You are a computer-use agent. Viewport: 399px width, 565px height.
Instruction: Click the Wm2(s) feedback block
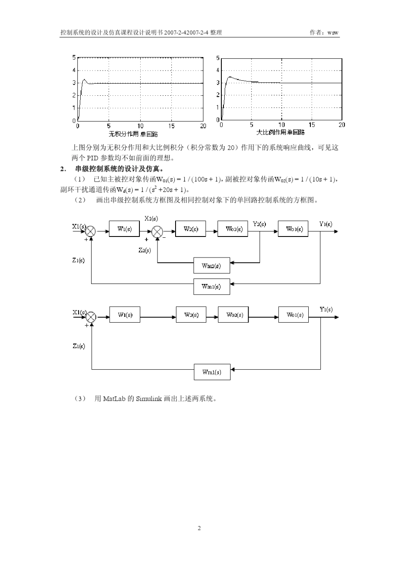[211, 265]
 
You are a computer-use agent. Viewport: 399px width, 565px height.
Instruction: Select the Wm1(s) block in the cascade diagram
[211, 286]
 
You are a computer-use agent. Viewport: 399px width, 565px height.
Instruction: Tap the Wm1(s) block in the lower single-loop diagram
[212, 372]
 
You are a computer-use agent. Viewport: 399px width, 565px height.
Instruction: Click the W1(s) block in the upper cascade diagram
[124, 229]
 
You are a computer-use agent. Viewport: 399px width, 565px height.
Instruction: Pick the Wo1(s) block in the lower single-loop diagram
[293, 315]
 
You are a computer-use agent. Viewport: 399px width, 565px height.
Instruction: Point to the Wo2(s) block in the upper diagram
[233, 229]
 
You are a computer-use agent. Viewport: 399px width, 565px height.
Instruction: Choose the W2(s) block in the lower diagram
[191, 315]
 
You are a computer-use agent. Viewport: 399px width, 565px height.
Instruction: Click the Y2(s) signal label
[259, 224]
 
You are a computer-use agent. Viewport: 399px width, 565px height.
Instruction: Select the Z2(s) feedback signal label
[144, 250]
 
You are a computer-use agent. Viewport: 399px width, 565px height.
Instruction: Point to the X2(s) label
[151, 218]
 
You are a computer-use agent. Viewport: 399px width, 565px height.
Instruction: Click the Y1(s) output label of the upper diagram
[325, 224]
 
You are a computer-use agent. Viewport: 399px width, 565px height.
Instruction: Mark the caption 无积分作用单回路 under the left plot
[133, 134]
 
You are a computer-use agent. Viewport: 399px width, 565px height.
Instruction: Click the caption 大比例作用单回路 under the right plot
[281, 132]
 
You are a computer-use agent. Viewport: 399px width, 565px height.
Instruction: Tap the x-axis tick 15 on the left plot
[171, 126]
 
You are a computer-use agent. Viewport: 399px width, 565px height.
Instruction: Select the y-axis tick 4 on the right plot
[218, 71]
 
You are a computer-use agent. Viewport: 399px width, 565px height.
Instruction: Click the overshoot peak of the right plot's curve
[229, 77]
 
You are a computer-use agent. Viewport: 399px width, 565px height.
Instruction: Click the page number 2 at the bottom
[199, 528]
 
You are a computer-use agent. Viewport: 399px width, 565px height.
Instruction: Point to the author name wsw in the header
[333, 32]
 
